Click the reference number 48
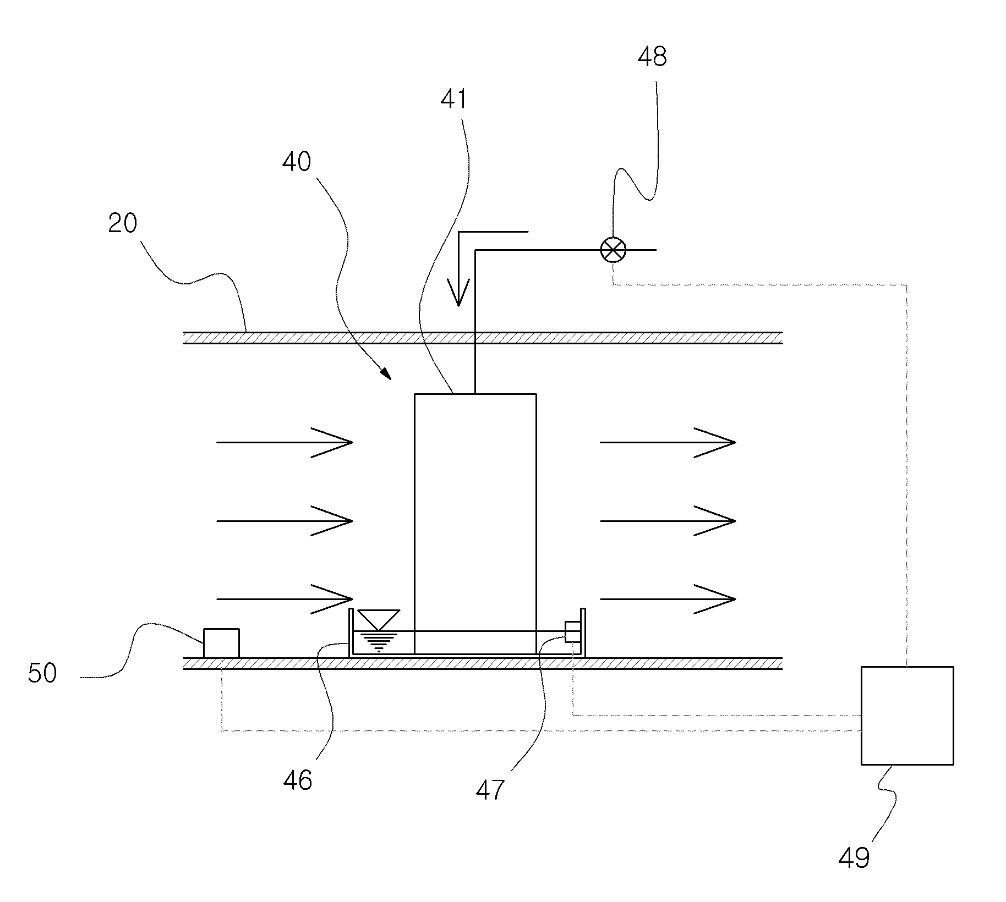652,57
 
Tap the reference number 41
454,100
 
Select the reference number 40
297,162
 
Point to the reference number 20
122,223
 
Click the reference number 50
42,673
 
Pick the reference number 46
298,780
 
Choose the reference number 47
490,790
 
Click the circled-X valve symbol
613,250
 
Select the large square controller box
907,716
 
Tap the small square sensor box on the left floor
221,643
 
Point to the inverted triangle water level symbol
379,619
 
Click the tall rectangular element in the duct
475,524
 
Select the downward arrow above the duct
458,268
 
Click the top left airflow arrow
285,442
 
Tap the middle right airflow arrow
668,520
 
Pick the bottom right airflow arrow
668,598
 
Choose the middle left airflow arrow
285,520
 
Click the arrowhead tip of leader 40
391,380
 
